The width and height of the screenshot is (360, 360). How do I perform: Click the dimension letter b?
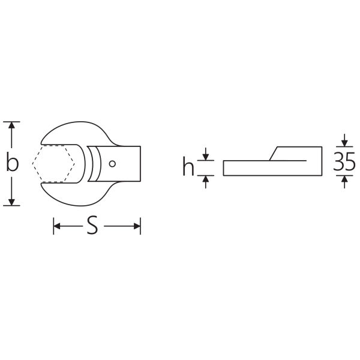coord(12,163)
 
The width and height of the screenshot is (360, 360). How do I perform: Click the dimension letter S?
coord(92,225)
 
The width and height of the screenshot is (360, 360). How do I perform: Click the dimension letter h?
coord(188,166)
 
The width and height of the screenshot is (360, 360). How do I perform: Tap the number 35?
coord(344,162)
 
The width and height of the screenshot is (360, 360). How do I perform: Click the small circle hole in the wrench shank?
coord(112,164)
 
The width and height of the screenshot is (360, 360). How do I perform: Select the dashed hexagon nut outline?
coord(53,164)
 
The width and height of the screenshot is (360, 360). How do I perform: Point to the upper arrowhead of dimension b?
coord(11,125)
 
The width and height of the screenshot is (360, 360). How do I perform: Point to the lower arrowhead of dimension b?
coord(11,202)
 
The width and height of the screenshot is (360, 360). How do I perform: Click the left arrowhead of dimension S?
coord(57,226)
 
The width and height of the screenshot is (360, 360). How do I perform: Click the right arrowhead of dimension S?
coord(137,226)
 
